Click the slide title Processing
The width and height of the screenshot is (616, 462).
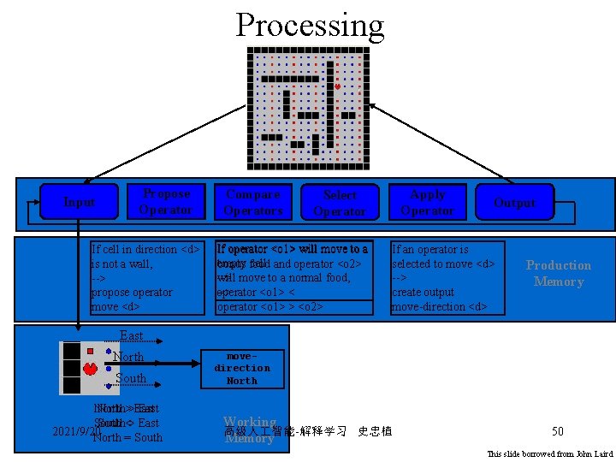[310, 25]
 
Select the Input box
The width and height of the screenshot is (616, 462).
[80, 202]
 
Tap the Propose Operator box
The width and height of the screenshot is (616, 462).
[166, 202]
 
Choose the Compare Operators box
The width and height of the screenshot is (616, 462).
[252, 202]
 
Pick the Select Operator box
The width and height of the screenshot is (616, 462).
[340, 203]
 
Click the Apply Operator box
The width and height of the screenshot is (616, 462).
[428, 202]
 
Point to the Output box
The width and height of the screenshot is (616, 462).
[514, 202]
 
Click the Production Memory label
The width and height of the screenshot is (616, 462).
[558, 273]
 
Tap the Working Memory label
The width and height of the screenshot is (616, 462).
[249, 430]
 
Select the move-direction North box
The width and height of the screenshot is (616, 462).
[242, 368]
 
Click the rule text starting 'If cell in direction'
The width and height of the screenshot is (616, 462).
[145, 278]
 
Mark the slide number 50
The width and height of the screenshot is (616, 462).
[558, 431]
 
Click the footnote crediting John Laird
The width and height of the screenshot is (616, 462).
[549, 453]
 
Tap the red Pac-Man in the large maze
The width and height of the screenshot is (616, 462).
[338, 87]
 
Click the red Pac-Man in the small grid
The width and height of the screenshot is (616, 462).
[90, 370]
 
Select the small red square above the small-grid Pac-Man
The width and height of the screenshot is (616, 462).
[90, 351]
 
